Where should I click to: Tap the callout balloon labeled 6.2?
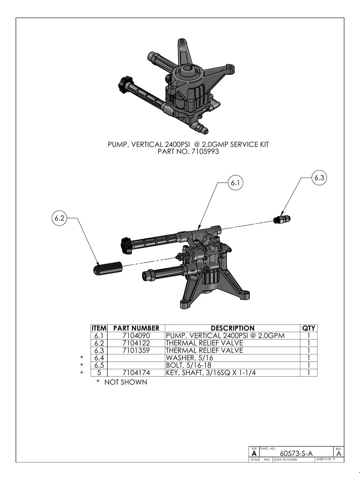pyautogui.click(x=60, y=218)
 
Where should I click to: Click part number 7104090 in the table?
pyautogui.click(x=136, y=335)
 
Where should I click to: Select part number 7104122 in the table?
pyautogui.click(x=136, y=343)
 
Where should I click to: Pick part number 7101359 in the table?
pyautogui.click(x=136, y=350)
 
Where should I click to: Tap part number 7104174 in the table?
pyautogui.click(x=136, y=373)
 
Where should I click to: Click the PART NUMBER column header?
pyautogui.click(x=136, y=328)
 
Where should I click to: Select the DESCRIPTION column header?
pyautogui.click(x=232, y=328)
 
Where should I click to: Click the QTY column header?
pyautogui.click(x=309, y=328)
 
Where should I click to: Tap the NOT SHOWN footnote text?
pyautogui.click(x=125, y=382)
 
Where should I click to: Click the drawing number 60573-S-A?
pyautogui.click(x=296, y=453)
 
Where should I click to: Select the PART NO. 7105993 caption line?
pyautogui.click(x=188, y=151)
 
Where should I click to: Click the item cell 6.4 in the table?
pyautogui.click(x=99, y=358)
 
